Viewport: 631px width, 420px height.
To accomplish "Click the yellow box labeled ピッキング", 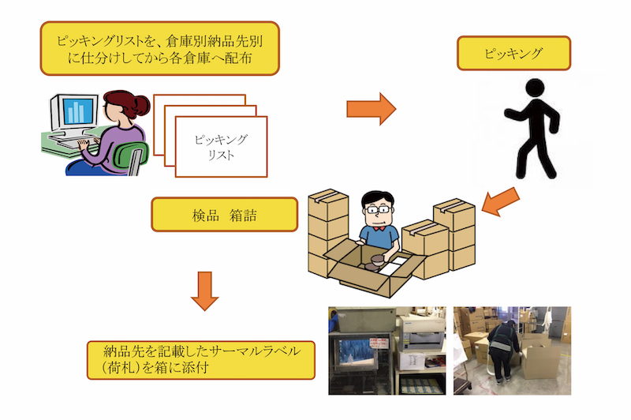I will point(512,54).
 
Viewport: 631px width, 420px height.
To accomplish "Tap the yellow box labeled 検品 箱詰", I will point(224,214).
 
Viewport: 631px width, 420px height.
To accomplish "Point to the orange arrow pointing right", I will point(370,109).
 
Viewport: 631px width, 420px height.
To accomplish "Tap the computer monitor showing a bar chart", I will point(76,111).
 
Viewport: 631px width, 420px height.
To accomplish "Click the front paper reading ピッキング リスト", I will point(221,146).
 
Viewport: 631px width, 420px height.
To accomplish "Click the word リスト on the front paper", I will point(221,155).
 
